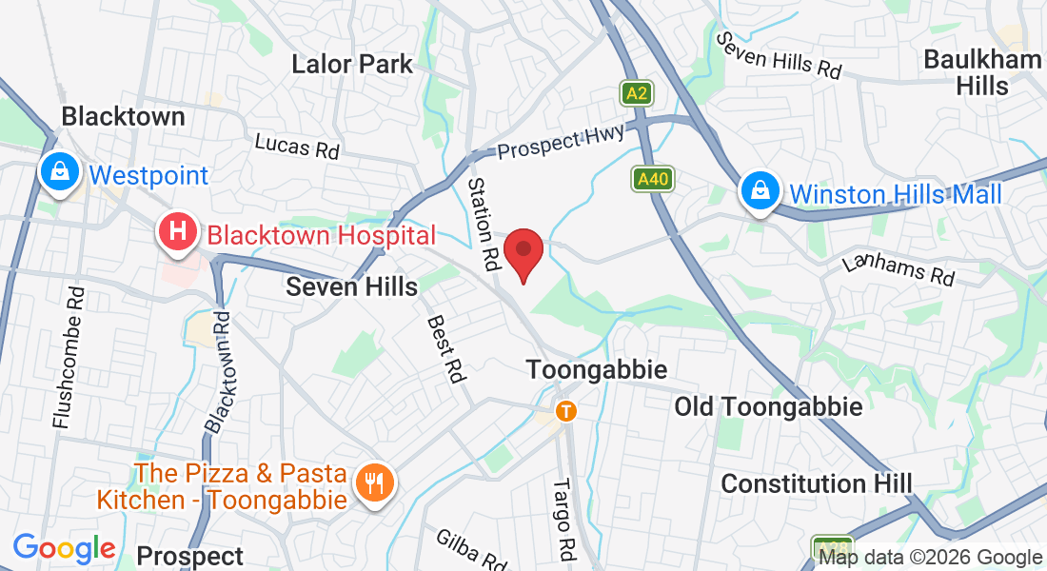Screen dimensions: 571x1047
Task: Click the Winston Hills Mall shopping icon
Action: (761, 191)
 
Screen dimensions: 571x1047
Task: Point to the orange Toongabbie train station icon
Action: (566, 411)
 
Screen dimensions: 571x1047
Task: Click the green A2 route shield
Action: (637, 93)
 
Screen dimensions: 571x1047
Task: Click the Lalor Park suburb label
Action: (352, 65)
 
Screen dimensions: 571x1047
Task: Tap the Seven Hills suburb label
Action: (352, 286)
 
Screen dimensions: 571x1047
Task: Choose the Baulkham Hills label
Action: (982, 72)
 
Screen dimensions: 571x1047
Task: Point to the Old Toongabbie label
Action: (768, 407)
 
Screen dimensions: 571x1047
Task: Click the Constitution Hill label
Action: (816, 483)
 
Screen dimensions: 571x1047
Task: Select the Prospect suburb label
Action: (190, 556)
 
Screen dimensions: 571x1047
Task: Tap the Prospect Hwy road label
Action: (563, 144)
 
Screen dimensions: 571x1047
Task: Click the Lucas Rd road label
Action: (296, 146)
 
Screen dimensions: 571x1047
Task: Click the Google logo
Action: (64, 548)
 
